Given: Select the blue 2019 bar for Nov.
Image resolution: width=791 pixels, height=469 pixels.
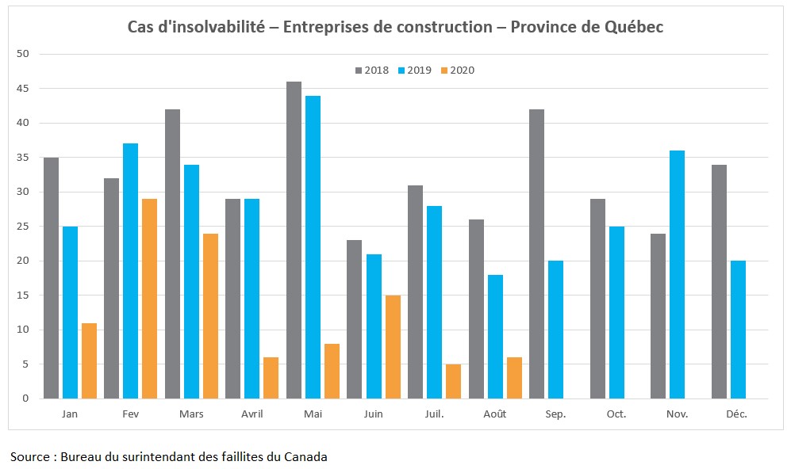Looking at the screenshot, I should coord(677,274).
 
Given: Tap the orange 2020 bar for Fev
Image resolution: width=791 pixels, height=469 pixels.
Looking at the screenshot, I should coord(150,299).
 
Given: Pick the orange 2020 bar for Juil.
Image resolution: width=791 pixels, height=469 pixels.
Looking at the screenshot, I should coord(453,381).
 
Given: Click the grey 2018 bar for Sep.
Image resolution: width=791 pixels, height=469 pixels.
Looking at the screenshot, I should coord(536,254).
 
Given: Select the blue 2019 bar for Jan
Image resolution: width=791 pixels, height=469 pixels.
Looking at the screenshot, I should coord(70,312).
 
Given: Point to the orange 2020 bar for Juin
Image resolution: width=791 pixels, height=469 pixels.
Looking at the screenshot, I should coord(393,347).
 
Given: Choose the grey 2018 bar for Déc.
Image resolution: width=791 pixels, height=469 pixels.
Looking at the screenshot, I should coord(719,281).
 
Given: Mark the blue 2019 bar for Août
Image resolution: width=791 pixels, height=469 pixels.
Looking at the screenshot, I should coord(495,337).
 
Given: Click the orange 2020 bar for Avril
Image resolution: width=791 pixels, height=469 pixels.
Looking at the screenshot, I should coord(271,378).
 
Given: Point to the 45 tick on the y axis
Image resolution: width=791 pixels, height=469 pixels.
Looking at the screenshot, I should coord(23,89).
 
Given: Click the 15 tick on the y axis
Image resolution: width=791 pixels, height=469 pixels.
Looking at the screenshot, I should coord(23,296).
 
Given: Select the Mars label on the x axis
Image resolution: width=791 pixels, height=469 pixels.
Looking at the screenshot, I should coord(191,414).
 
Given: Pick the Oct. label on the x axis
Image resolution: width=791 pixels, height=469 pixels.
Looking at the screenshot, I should coord(616,414).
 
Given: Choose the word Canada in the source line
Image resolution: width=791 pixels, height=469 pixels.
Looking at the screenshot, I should coord(306,456).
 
